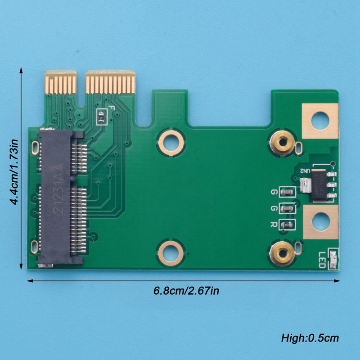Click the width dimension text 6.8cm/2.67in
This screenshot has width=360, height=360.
[186, 291]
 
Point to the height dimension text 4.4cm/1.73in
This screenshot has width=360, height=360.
[14, 172]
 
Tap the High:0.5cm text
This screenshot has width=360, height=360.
[310, 338]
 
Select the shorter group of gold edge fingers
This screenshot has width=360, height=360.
[60, 82]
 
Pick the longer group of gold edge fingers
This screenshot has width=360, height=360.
[110, 82]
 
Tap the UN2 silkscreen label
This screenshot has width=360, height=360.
[305, 171]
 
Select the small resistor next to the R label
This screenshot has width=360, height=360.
[287, 224]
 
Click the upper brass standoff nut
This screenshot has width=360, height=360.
[283, 143]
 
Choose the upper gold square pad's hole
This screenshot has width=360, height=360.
[320, 121]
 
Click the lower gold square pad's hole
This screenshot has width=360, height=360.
[320, 222]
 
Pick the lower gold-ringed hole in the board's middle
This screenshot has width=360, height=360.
[171, 252]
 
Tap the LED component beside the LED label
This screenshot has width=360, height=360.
[333, 260]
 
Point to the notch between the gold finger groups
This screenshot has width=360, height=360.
[81, 90]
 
